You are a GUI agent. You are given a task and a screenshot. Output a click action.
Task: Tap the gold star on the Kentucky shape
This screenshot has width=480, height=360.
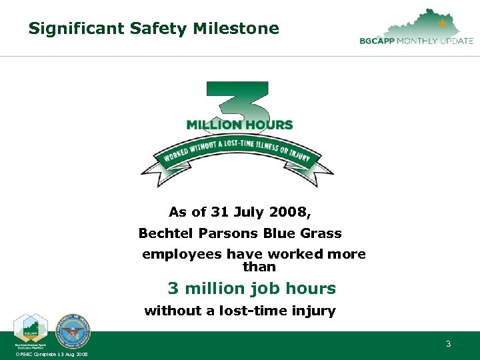(x=443, y=23)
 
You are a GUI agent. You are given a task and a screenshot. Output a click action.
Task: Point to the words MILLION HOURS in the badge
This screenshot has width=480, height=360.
(x=239, y=125)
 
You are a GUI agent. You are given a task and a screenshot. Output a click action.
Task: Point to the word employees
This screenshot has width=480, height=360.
(x=182, y=254)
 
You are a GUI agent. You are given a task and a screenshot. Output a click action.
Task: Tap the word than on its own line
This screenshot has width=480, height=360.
(x=259, y=267)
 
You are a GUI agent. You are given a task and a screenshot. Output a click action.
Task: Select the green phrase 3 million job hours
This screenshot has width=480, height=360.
(x=251, y=288)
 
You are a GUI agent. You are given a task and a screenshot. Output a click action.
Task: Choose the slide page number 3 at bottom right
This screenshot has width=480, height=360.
(x=448, y=344)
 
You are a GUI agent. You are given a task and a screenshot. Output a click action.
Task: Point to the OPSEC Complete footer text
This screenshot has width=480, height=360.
(x=51, y=354)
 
